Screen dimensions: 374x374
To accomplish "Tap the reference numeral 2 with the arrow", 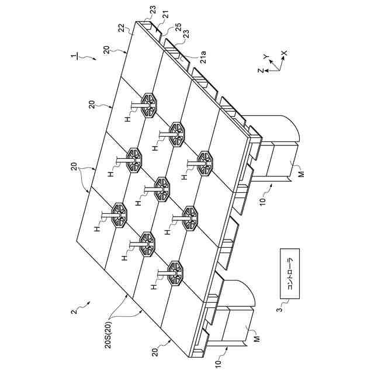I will coord(74,312).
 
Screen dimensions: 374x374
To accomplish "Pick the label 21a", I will coord(203,59).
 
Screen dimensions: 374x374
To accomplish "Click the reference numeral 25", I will coord(178,27).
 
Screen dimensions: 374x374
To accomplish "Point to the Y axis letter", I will coord(265,57).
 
